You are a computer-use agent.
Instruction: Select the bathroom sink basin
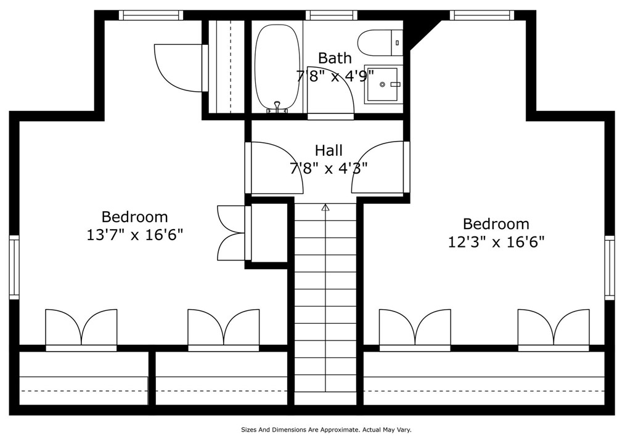tap(382, 84)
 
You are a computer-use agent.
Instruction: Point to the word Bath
tap(335, 58)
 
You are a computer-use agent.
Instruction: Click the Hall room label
tap(329, 150)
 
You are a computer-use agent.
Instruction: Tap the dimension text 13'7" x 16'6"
tap(135, 235)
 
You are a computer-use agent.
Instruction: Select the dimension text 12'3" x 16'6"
tap(496, 241)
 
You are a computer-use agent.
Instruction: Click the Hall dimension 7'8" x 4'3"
tap(329, 168)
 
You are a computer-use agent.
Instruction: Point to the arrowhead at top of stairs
tap(325, 207)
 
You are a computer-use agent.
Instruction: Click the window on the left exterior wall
tap(14, 267)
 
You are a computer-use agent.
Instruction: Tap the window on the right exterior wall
tap(610, 267)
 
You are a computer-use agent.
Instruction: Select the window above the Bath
tap(331, 15)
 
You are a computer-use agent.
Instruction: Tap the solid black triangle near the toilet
tap(419, 30)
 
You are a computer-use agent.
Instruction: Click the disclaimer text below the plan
tap(326, 430)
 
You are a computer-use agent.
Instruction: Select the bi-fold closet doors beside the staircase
tap(231, 233)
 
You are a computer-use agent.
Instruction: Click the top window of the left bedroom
tap(151, 15)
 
